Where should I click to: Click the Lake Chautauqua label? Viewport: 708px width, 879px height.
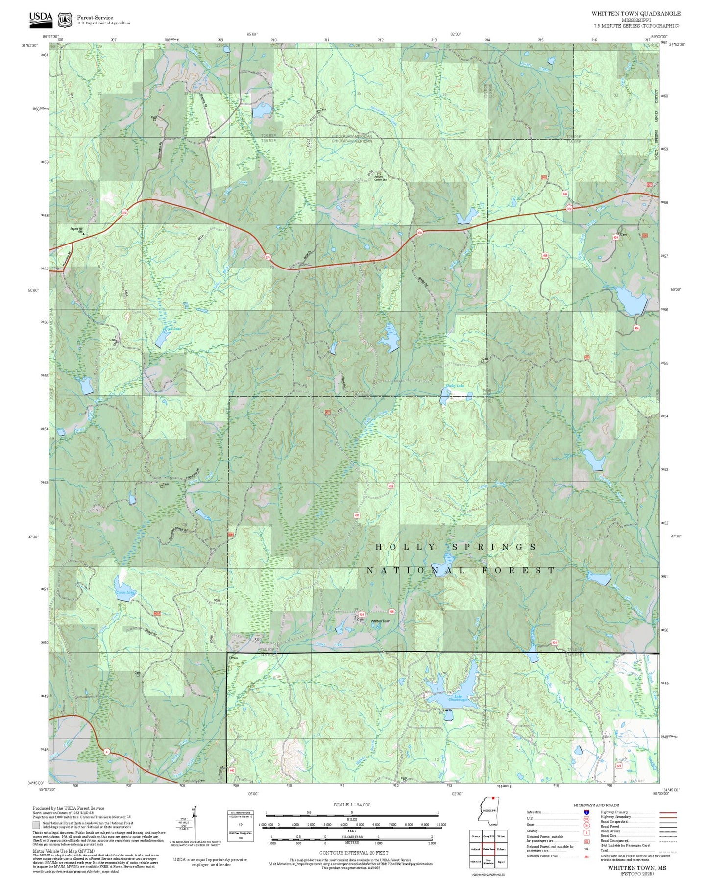pos(458,698)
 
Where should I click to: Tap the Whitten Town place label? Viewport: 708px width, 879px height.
pos(380,621)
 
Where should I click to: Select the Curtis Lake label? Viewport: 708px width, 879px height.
pos(125,592)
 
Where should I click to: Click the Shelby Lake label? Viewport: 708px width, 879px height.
pos(455,386)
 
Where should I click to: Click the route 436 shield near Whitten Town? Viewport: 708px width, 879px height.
pos(391,611)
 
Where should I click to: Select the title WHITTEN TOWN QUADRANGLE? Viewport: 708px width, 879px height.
pos(635,13)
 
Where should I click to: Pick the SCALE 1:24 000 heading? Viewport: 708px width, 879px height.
pos(352,805)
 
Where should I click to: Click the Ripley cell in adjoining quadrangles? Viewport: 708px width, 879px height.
pos(501,861)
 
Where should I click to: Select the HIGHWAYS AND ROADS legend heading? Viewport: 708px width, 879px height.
pos(596,805)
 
